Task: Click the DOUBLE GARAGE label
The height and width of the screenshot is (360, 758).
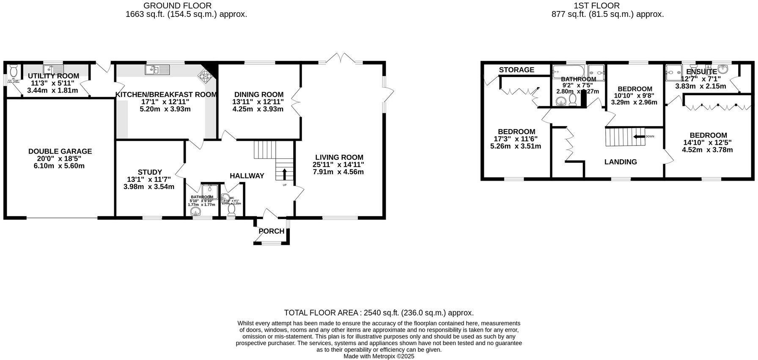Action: pyautogui.click(x=60, y=151)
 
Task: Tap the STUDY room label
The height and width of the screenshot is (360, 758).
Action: pyautogui.click(x=150, y=172)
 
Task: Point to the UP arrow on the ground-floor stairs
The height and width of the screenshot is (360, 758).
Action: pyautogui.click(x=284, y=174)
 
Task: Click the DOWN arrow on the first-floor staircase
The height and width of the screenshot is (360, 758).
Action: pyautogui.click(x=638, y=136)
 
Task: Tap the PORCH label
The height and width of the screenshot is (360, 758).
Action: pyautogui.click(x=271, y=231)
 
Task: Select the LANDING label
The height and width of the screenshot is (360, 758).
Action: pyautogui.click(x=620, y=162)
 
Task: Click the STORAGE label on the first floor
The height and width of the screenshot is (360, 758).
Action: pyautogui.click(x=516, y=70)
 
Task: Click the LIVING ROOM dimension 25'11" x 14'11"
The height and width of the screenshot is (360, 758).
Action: pyautogui.click(x=338, y=165)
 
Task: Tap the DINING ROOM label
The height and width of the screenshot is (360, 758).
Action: pyautogui.click(x=259, y=95)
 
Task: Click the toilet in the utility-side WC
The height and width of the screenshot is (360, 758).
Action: pyautogui.click(x=14, y=70)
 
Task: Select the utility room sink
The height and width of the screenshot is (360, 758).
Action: pyautogui.click(x=54, y=69)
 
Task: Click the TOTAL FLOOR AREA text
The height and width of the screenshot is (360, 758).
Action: pyautogui.click(x=379, y=313)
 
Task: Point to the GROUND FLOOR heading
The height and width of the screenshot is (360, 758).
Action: pyautogui.click(x=177, y=5)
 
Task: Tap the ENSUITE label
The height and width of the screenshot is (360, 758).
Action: pyautogui.click(x=701, y=72)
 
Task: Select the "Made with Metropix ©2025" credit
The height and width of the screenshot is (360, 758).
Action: pyautogui.click(x=379, y=356)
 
